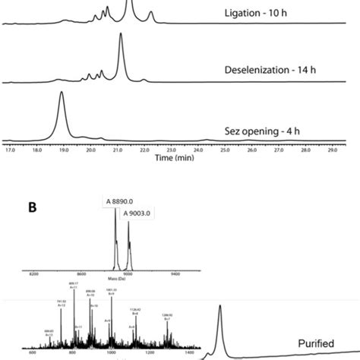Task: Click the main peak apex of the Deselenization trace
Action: click(120, 35)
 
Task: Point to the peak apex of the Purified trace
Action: click(220, 305)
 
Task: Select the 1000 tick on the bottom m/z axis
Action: click(112, 353)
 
